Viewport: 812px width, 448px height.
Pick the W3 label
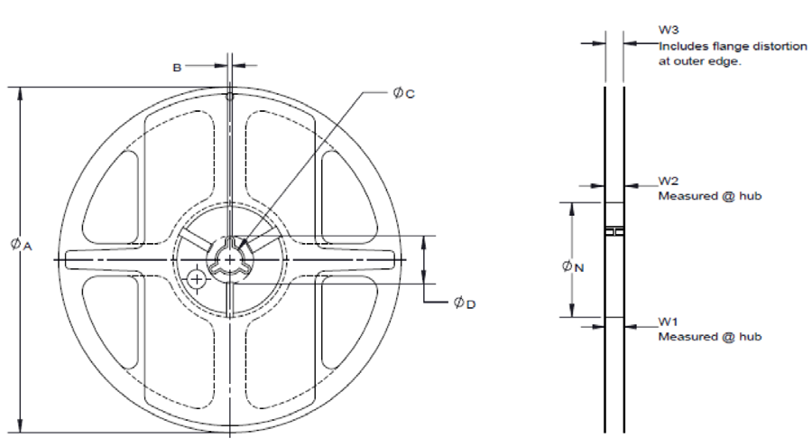(x=668, y=31)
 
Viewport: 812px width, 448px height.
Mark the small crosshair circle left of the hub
(x=196, y=280)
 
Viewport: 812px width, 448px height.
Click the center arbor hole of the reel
(x=231, y=259)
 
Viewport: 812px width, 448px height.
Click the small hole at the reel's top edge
(x=230, y=96)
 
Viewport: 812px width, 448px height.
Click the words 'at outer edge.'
(x=699, y=61)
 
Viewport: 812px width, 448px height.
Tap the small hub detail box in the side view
(x=614, y=232)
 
